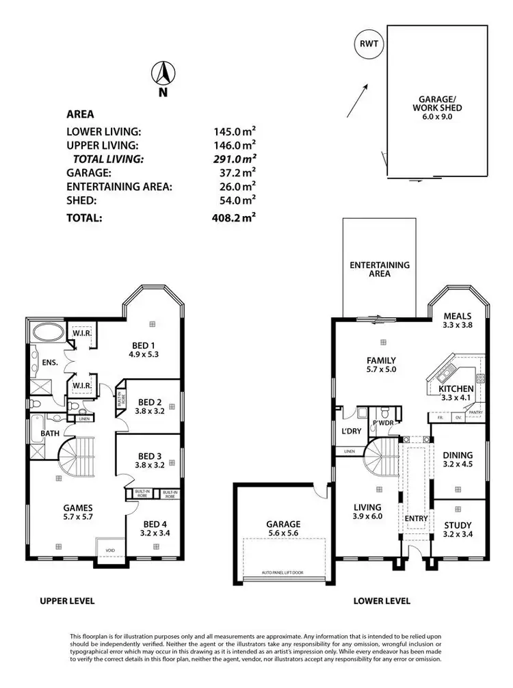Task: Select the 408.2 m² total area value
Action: [x=233, y=219]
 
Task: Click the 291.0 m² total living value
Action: [x=233, y=159]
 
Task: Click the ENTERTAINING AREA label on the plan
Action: [x=379, y=269]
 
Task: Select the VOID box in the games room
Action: [x=110, y=549]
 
